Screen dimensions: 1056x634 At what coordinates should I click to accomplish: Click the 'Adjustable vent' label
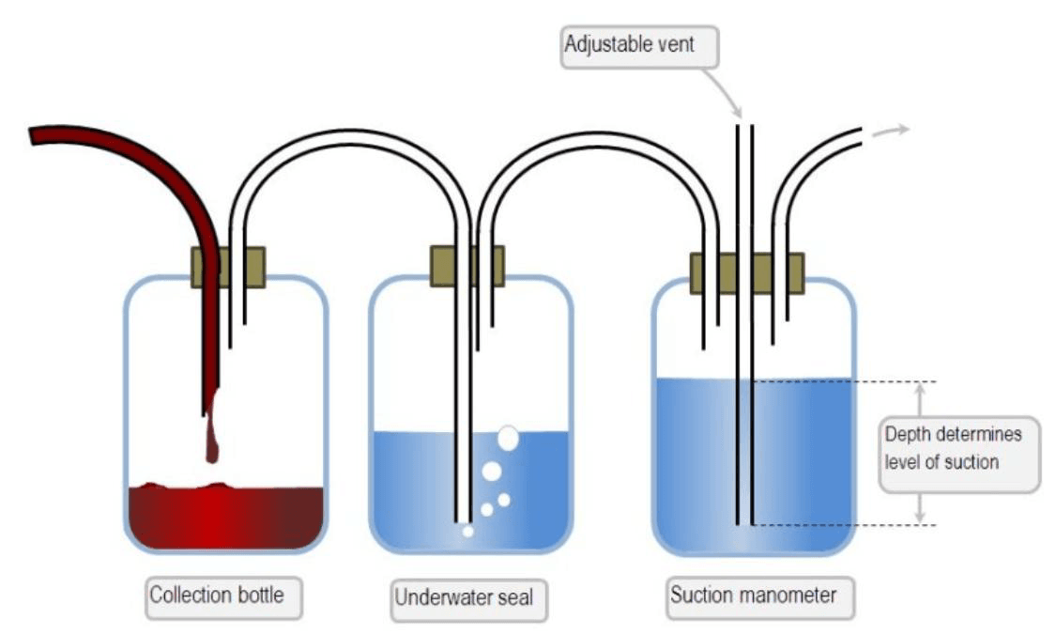coord(639,47)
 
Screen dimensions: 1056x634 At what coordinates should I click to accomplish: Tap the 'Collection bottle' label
coord(223,597)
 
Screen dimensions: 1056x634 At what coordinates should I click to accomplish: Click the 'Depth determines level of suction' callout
coord(959,454)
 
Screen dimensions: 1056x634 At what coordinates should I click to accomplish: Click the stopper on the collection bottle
coord(228,268)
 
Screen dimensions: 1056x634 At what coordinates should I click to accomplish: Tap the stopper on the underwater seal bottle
coord(467,266)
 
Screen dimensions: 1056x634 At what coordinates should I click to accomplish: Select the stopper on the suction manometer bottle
coord(747,273)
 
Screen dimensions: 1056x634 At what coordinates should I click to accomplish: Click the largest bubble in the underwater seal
coord(508,439)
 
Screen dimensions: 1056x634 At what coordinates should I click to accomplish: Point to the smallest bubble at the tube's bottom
coord(467,532)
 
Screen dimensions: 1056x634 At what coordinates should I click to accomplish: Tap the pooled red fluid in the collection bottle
coord(225,518)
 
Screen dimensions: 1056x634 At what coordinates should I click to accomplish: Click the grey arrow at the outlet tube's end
coord(891,131)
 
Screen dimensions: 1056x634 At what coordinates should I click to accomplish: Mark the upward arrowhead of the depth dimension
coord(920,390)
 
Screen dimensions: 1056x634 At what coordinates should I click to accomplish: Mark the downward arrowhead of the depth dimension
coord(920,517)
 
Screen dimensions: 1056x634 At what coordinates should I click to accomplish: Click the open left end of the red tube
coord(32,135)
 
